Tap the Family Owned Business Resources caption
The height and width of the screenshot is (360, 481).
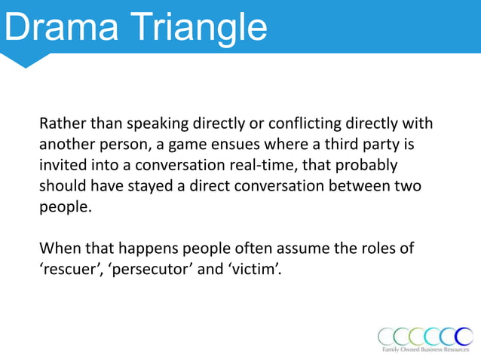426,350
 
